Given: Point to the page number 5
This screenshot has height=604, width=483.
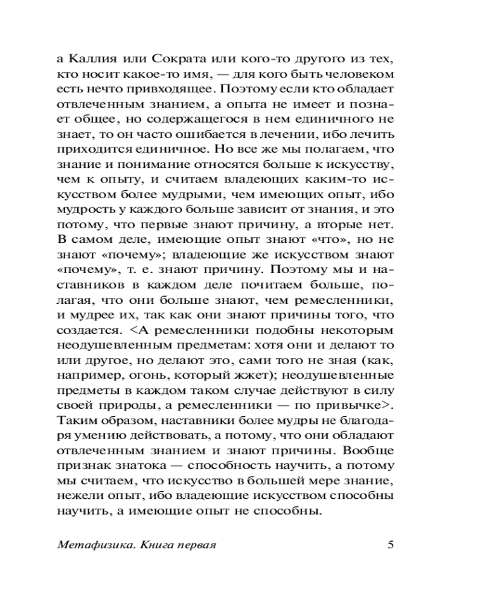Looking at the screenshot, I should coord(390,544).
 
